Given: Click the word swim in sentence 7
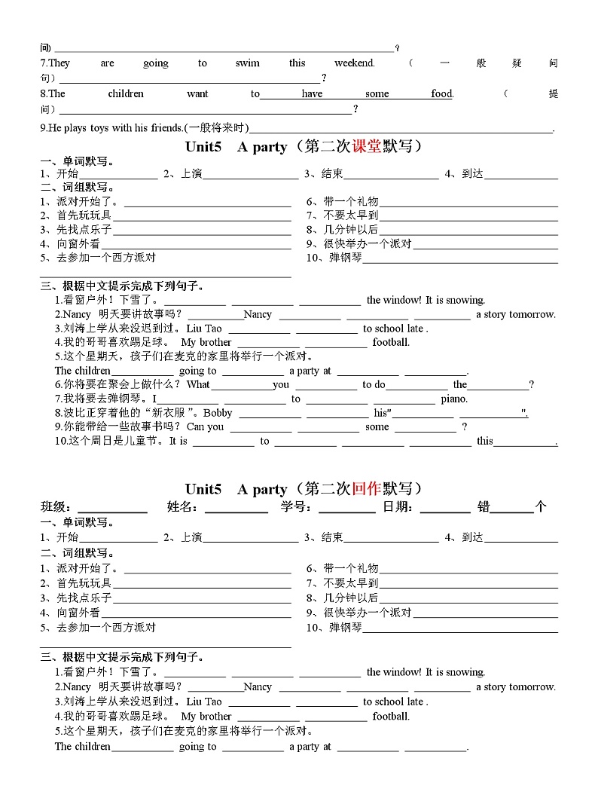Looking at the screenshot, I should (x=247, y=63).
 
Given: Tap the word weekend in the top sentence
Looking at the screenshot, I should (x=354, y=63).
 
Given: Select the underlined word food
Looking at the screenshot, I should (x=441, y=94).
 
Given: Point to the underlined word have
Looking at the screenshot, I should (x=312, y=94).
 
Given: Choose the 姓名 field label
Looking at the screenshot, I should (x=182, y=507).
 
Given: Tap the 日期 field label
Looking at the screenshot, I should (x=398, y=507).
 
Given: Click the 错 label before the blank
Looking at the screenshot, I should (x=483, y=507).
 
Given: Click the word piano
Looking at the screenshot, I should (x=454, y=399).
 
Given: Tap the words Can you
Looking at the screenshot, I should (x=206, y=427).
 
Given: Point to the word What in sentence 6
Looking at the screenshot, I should (x=199, y=384).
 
